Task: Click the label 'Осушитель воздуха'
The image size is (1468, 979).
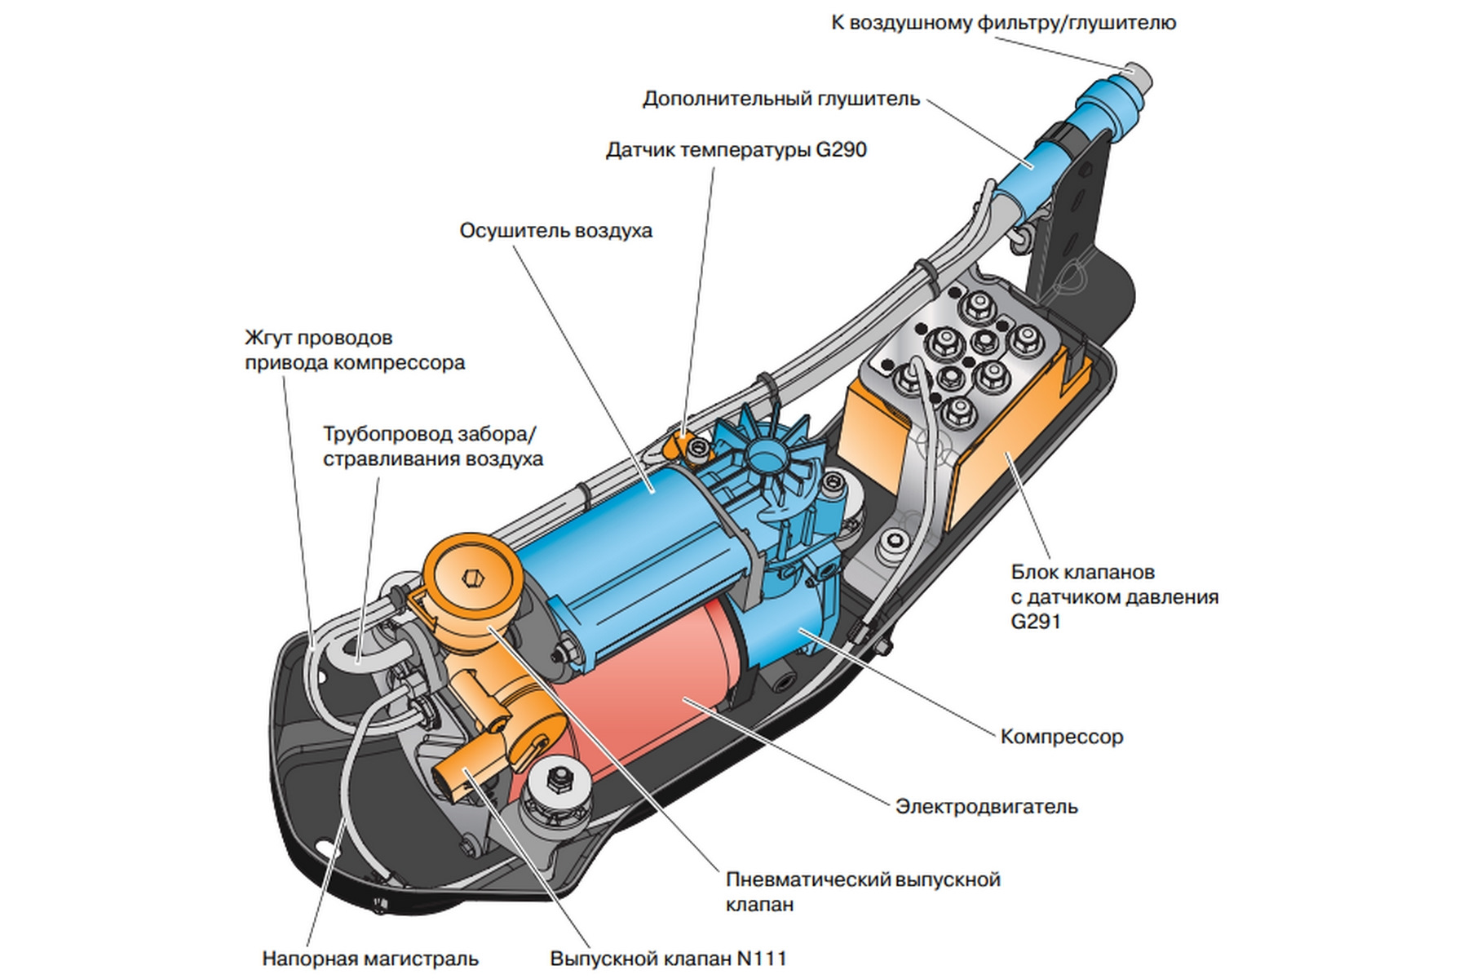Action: point(555,231)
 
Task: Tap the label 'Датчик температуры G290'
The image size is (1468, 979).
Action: point(736,150)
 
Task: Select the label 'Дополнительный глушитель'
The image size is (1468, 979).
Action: point(780,100)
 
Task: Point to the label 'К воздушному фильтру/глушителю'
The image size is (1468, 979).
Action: point(1003,23)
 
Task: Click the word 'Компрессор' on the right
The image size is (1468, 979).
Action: point(1061,737)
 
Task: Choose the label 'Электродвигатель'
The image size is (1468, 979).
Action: point(986,807)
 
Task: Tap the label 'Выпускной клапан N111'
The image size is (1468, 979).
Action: point(668,959)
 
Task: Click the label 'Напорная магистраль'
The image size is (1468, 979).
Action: point(369,959)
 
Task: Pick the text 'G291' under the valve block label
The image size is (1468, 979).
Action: point(1036,622)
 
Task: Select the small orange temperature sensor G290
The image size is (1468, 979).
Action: point(679,445)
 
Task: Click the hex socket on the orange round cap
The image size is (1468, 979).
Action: point(472,578)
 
